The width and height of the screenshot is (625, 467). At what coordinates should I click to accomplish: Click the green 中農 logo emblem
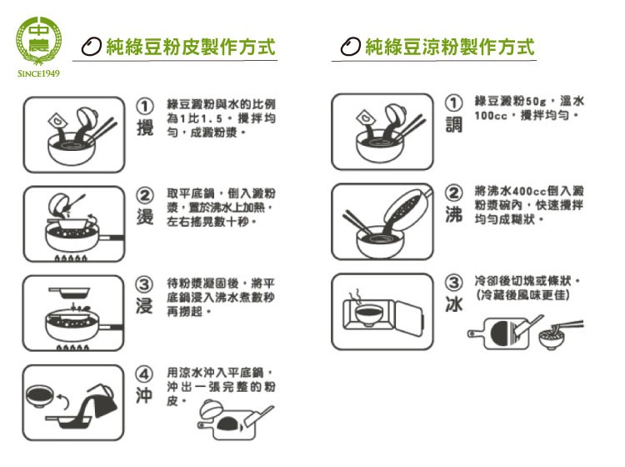click(38, 41)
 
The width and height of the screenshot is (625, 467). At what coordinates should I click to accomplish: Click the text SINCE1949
click(38, 73)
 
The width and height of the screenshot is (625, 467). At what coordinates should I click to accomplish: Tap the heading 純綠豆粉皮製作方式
click(191, 47)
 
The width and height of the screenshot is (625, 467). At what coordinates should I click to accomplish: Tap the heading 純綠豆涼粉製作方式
click(450, 47)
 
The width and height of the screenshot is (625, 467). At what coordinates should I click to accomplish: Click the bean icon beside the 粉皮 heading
click(92, 47)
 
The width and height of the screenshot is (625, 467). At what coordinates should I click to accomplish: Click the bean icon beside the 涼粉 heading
click(350, 47)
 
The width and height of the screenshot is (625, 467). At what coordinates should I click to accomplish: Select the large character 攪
click(145, 128)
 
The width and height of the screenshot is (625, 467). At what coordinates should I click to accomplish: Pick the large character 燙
click(145, 217)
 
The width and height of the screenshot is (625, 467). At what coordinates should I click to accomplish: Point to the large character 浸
click(145, 306)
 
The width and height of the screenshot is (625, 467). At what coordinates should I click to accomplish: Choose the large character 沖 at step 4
click(145, 395)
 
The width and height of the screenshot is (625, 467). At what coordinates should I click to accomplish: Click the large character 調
click(453, 124)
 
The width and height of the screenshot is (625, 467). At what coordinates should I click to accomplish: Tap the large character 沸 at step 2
click(453, 214)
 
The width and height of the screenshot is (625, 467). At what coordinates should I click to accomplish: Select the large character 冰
click(453, 304)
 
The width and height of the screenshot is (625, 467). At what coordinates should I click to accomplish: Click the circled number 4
click(145, 374)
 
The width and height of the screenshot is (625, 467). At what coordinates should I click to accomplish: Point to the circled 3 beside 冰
click(453, 283)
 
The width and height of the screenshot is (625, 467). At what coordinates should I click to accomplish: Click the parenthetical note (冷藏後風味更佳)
click(523, 295)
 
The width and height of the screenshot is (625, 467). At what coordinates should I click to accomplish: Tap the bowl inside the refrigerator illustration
click(368, 314)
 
